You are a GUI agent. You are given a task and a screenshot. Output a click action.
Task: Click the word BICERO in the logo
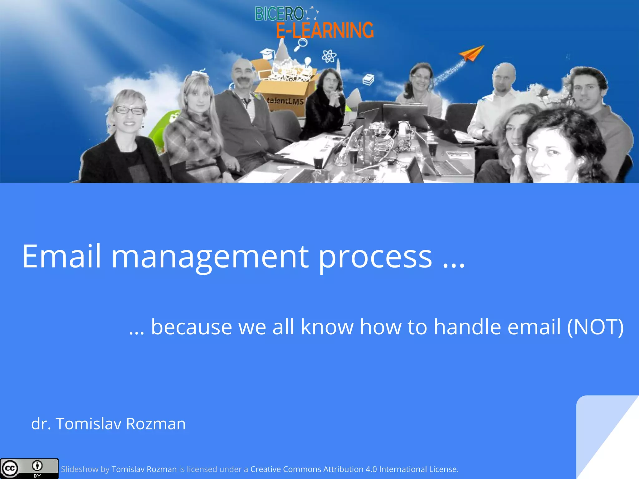tap(279, 14)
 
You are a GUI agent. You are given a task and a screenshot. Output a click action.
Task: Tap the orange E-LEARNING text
tap(325, 30)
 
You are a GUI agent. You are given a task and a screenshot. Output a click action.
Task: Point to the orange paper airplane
tap(472, 53)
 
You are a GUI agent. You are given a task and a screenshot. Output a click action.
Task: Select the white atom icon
tap(329, 56)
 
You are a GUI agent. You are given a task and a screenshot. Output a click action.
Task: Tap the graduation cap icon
tap(267, 53)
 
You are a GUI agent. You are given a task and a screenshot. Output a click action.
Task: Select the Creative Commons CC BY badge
tap(29, 468)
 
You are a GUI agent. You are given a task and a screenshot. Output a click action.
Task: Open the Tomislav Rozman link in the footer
tap(144, 469)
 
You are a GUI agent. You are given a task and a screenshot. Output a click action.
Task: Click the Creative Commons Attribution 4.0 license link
tap(354, 469)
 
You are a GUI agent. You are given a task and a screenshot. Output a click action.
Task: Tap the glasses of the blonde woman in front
tap(129, 110)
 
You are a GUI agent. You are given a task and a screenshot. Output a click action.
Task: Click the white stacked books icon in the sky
tap(368, 79)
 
